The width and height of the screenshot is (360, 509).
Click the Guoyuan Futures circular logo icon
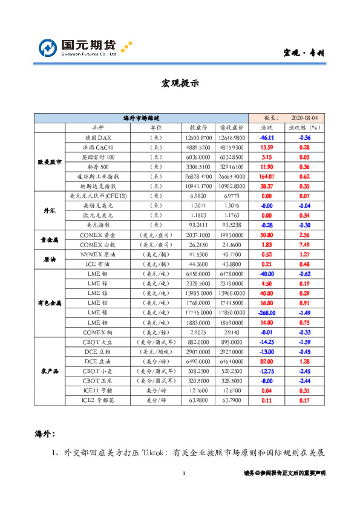48,48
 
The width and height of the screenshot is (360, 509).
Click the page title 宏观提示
180,83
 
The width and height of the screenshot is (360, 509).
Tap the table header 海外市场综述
142,118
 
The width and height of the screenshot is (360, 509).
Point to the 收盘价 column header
199,128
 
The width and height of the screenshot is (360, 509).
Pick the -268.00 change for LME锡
266,313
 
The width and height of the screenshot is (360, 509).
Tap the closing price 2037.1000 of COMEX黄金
199,235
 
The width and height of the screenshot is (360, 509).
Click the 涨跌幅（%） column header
304,128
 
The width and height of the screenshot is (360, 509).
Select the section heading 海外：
45,433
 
